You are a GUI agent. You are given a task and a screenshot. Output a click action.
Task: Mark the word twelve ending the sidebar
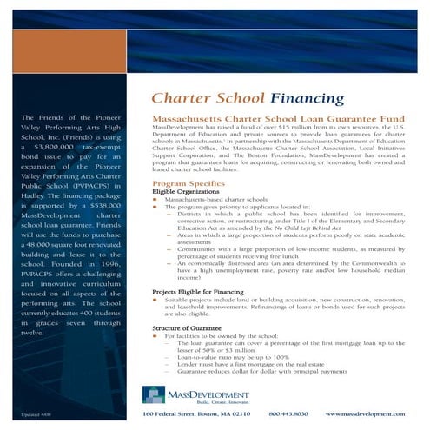click(x=32, y=332)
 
